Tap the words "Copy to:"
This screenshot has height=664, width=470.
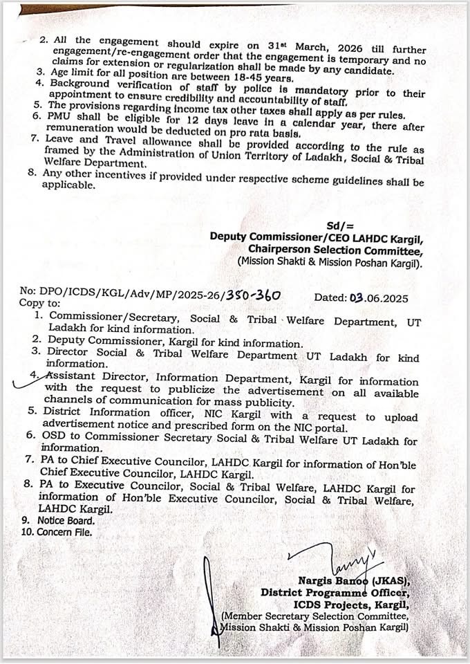[39, 304]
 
